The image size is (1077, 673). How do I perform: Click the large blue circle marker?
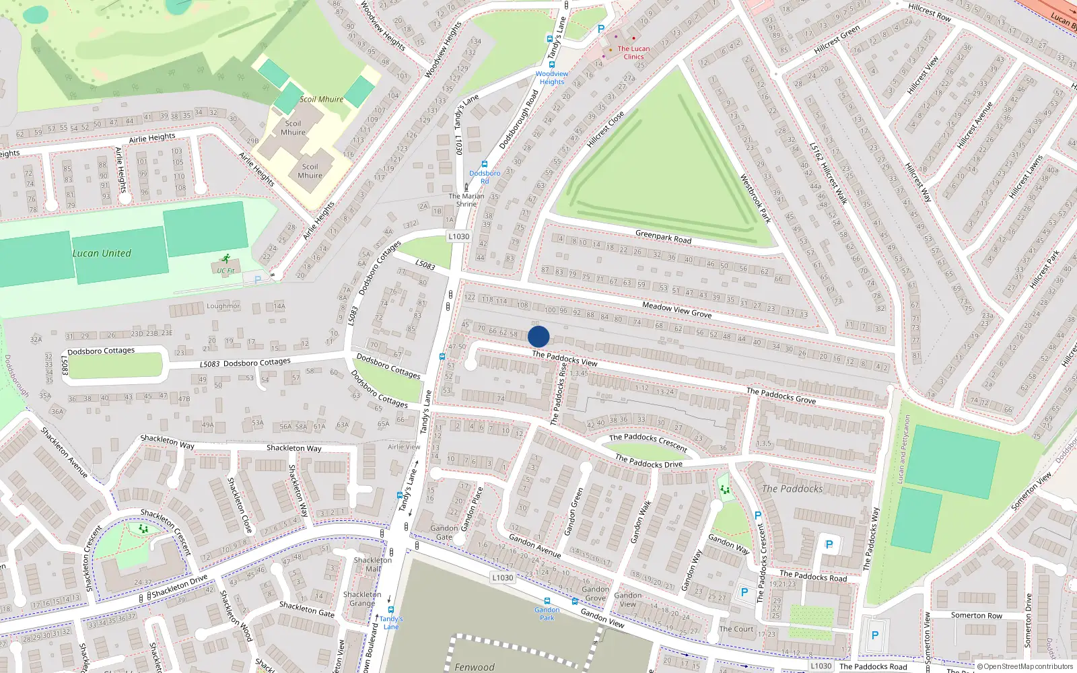pyautogui.click(x=538, y=336)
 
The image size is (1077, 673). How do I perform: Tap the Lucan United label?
pyautogui.click(x=102, y=254)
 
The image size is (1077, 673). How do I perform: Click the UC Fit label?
pyautogui.click(x=225, y=271)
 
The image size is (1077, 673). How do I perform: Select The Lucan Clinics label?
pyautogui.click(x=633, y=52)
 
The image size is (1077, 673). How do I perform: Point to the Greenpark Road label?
pyautogui.click(x=663, y=237)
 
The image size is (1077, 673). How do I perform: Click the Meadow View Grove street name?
pyautogui.click(x=676, y=310)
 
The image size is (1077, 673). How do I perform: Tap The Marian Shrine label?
pyautogui.click(x=466, y=200)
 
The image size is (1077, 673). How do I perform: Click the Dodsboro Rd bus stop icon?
pyautogui.click(x=484, y=164)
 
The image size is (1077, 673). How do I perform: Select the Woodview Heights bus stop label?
pyautogui.click(x=552, y=77)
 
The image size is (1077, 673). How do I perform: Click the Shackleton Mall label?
pyautogui.click(x=372, y=564)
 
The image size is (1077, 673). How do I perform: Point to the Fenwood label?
pyautogui.click(x=474, y=667)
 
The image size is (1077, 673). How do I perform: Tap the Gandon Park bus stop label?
pyautogui.click(x=547, y=613)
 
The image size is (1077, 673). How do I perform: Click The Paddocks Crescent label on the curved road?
pyautogui.click(x=648, y=442)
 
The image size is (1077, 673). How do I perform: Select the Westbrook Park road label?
pyautogui.click(x=755, y=199)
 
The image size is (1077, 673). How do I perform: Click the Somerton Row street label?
pyautogui.click(x=976, y=615)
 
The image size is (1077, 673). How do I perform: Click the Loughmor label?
pyautogui.click(x=223, y=306)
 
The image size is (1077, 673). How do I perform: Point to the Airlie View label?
pyautogui.click(x=404, y=447)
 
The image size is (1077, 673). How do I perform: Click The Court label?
pyautogui.click(x=736, y=629)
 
